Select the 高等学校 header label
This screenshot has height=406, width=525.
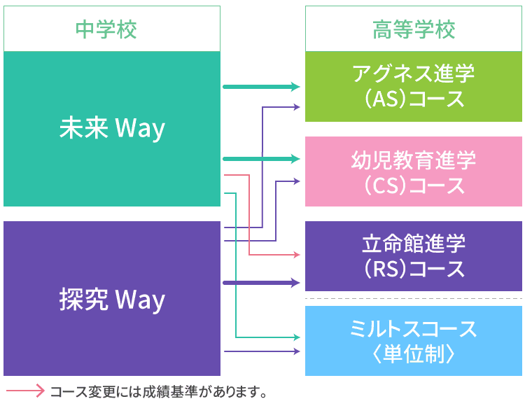(414, 30)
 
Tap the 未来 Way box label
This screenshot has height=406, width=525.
(112, 128)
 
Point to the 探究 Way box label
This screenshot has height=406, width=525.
(112, 299)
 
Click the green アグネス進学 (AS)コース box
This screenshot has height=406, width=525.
(414, 86)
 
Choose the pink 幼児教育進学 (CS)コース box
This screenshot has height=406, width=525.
(414, 171)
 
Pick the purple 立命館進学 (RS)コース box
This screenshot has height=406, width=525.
(414, 256)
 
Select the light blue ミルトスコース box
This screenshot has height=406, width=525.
(414, 341)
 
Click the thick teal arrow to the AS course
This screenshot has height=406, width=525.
(259, 87)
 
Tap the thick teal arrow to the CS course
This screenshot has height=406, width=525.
(259, 160)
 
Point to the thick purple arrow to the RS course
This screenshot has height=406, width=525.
(259, 283)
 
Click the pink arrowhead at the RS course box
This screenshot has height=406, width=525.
(295, 255)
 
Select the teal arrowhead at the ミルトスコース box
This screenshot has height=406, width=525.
(295, 337)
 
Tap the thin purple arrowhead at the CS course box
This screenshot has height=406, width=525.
(295, 181)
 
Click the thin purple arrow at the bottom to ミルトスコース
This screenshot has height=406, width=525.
(259, 351)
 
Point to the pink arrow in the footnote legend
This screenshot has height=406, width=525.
(25, 391)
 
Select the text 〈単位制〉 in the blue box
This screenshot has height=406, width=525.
(414, 354)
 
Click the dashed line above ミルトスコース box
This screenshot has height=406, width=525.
(414, 299)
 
